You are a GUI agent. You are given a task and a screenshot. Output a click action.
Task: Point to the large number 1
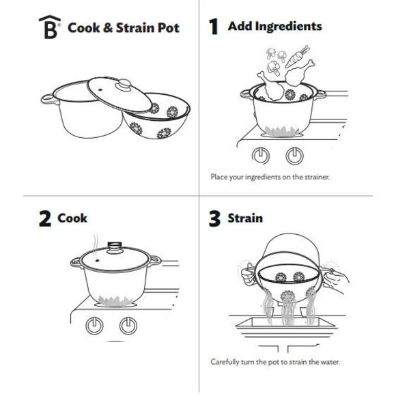tap(214, 27)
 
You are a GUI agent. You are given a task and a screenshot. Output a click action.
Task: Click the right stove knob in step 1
tap(294, 154)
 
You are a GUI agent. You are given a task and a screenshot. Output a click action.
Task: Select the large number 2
tap(45, 219)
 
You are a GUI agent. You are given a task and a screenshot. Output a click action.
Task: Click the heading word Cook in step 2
tap(73, 218)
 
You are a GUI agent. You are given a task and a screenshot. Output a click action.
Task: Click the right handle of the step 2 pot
tap(155, 260)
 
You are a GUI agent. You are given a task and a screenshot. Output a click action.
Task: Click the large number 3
tap(214, 219)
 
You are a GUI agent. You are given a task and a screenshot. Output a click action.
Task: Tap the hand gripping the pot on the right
tap(339, 280)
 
